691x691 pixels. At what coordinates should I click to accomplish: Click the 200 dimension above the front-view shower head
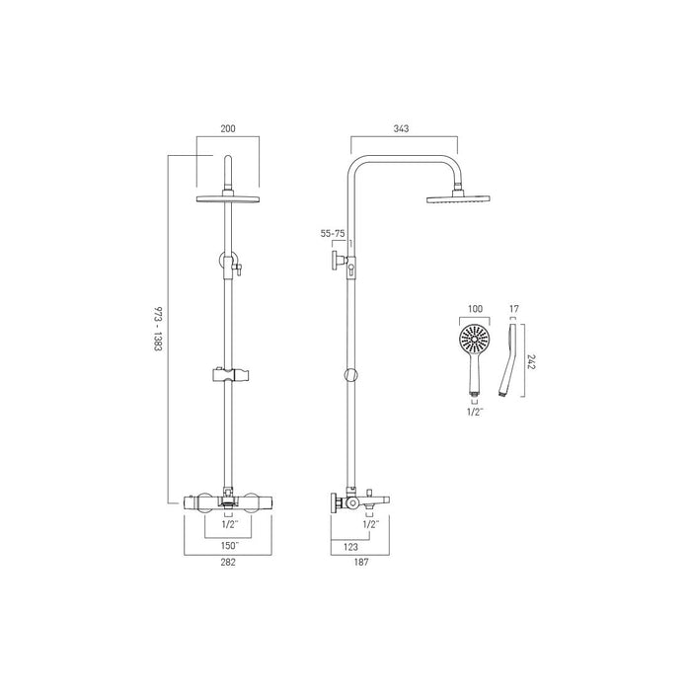[x=228, y=128]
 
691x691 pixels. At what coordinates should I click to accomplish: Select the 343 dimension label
[x=401, y=128]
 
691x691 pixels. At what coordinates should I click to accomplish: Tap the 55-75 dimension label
[x=332, y=234]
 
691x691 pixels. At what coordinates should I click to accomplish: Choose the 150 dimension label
[x=228, y=544]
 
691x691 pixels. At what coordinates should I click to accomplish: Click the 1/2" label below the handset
[x=475, y=413]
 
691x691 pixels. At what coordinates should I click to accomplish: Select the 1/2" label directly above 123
[x=371, y=525]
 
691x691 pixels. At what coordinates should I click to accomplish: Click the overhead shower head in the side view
[x=453, y=197]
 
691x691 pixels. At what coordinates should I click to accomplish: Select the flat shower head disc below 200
[x=228, y=198]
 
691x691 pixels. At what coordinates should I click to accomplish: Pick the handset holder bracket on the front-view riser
[x=228, y=376]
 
